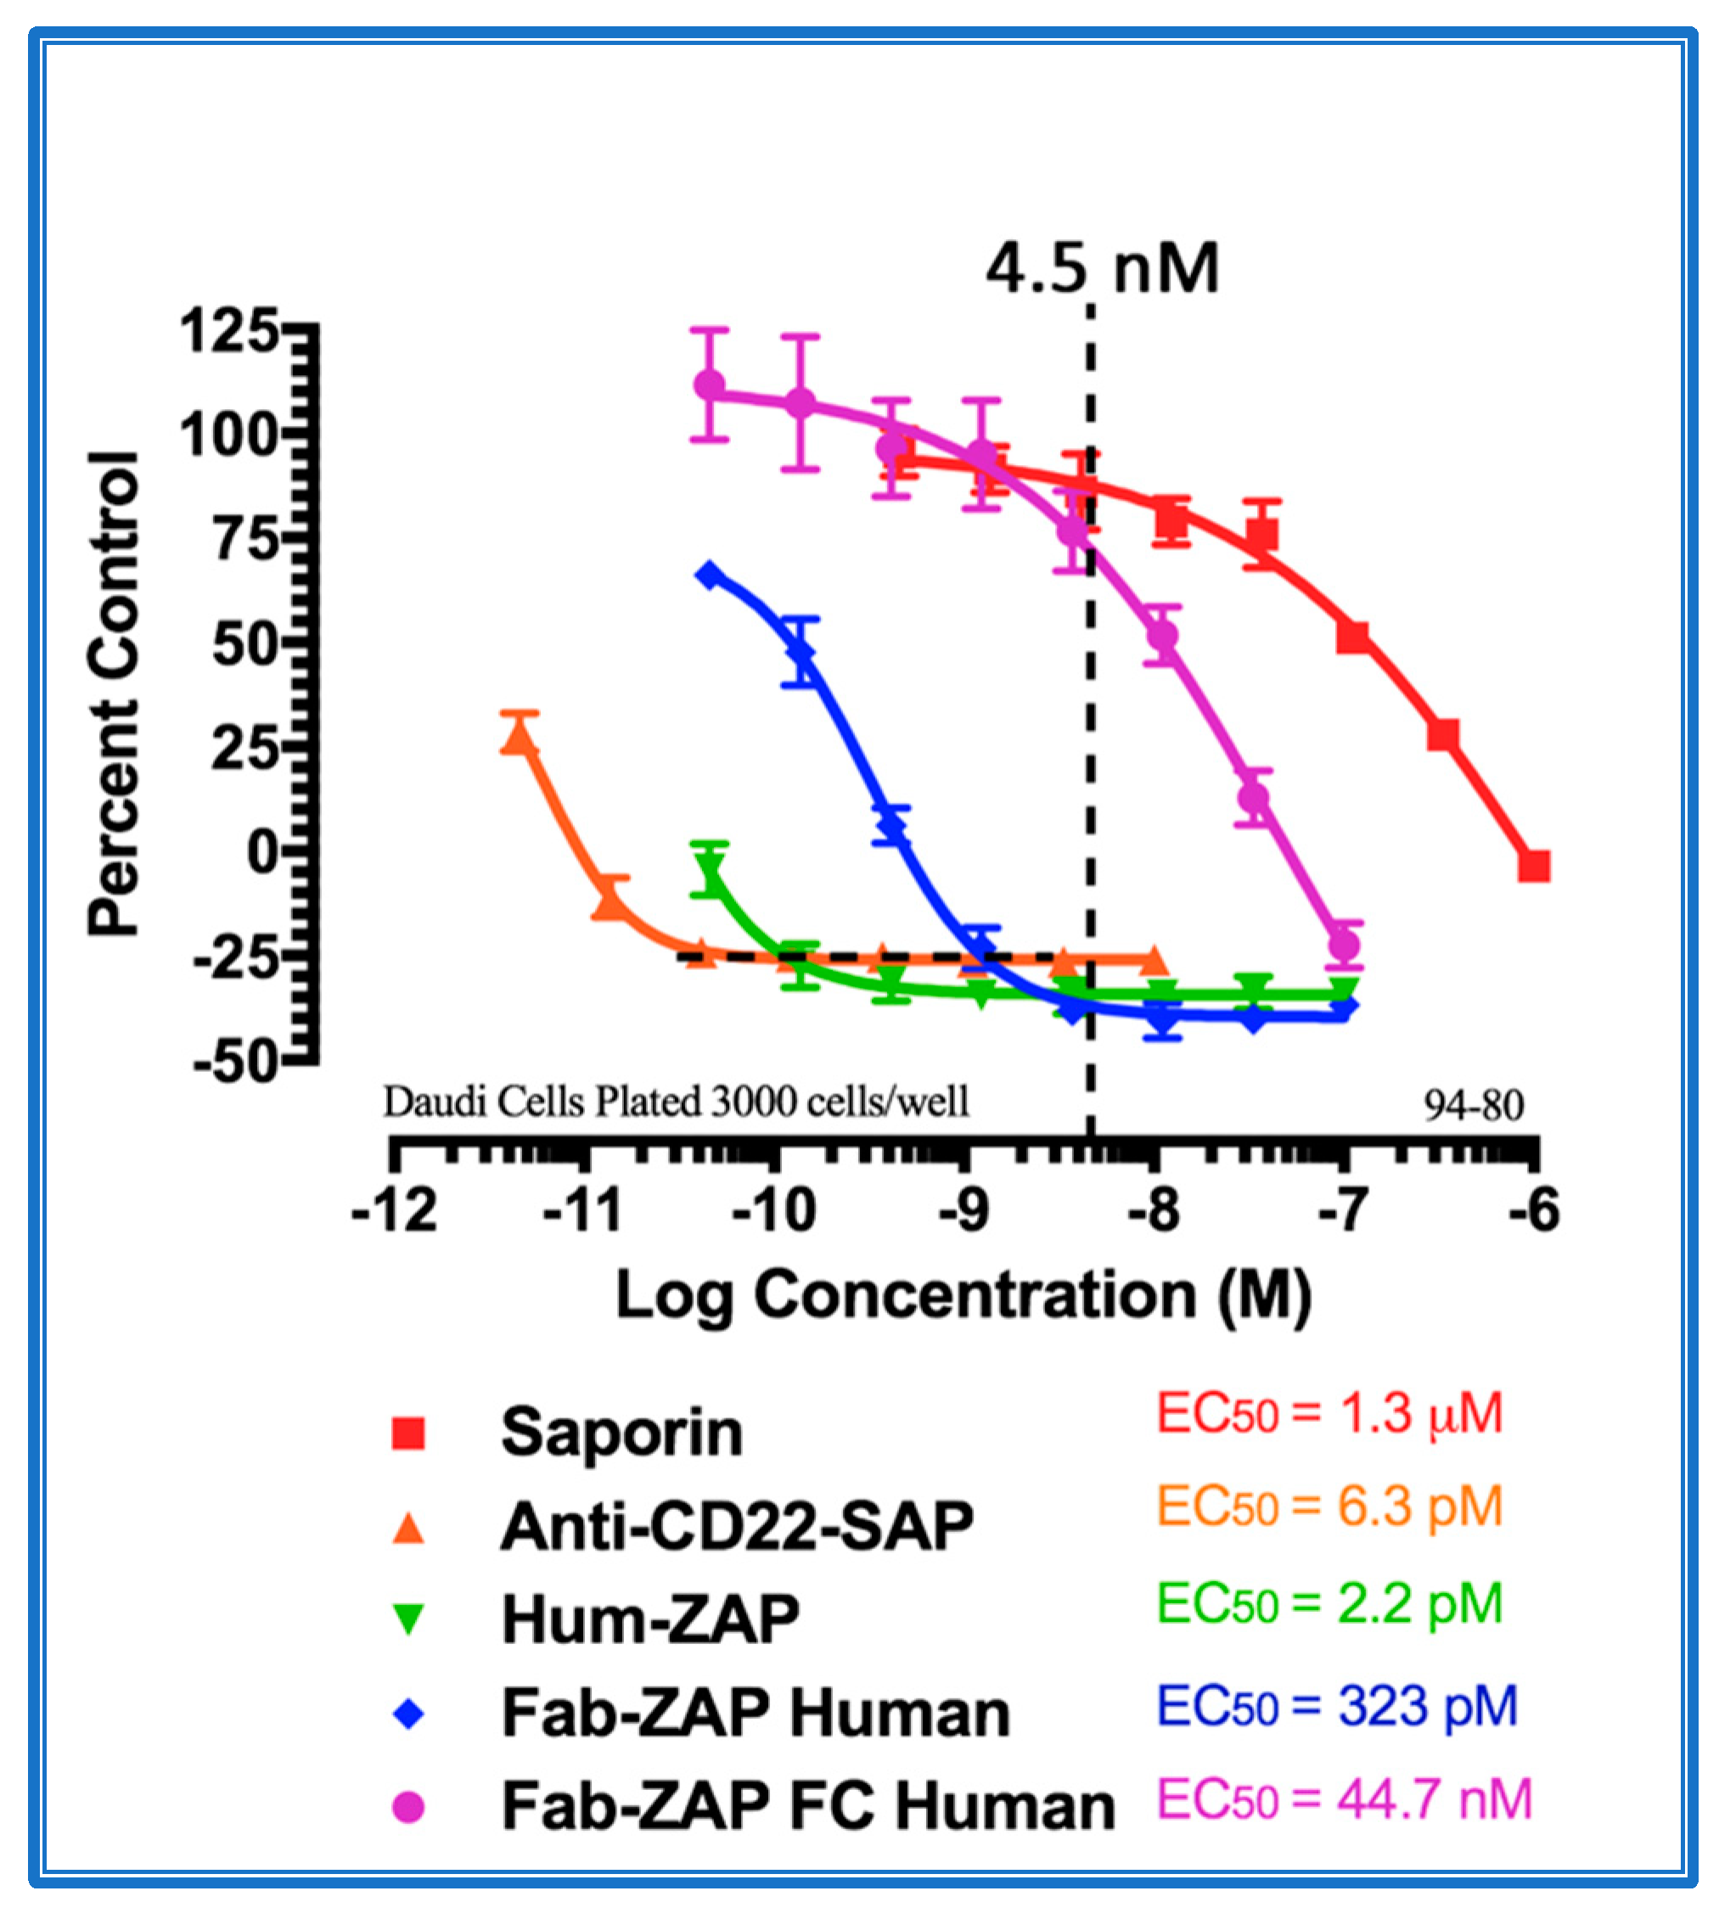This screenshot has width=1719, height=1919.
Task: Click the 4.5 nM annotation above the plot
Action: (x=1102, y=269)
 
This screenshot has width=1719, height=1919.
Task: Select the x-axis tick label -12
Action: (x=394, y=1210)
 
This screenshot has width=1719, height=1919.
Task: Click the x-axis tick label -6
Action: (x=1534, y=1210)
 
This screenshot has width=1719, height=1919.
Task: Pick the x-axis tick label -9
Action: (x=964, y=1210)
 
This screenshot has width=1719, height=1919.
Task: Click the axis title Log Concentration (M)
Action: (x=963, y=1295)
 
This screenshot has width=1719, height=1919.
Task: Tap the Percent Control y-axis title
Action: (x=114, y=694)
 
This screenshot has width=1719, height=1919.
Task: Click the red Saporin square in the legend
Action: (x=408, y=1434)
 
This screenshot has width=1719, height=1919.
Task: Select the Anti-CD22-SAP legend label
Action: (x=737, y=1527)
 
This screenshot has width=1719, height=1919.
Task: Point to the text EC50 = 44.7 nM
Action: (x=1345, y=1799)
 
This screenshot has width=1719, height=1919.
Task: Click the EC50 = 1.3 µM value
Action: (x=1330, y=1414)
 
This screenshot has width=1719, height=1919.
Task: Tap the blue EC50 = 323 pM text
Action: (x=1337, y=1706)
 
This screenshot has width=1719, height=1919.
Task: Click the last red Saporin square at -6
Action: (x=1534, y=865)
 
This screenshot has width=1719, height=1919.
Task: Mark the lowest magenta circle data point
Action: (x=1344, y=945)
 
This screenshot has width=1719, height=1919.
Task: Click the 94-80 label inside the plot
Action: (x=1474, y=1105)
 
